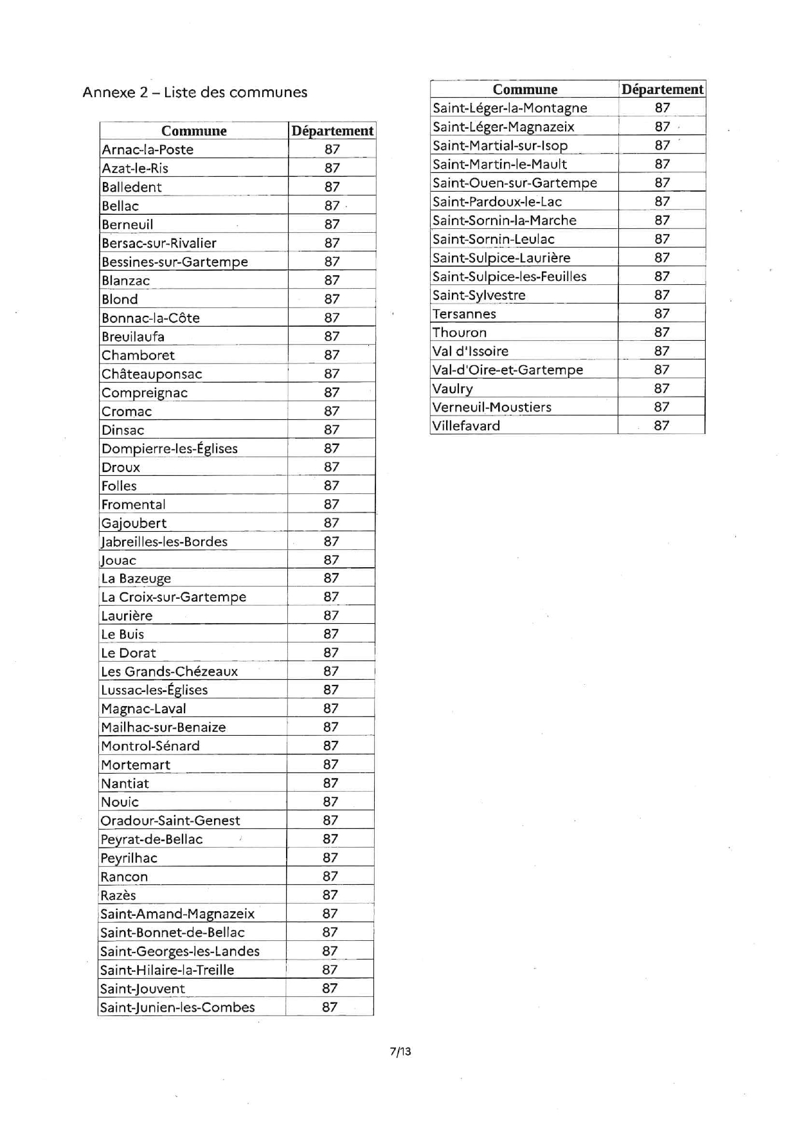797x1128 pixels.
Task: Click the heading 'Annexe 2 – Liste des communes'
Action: pyautogui.click(x=195, y=92)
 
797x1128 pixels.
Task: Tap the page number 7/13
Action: pyautogui.click(x=400, y=1051)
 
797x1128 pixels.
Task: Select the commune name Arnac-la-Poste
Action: pyautogui.click(x=148, y=149)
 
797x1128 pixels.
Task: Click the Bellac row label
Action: pyautogui.click(x=120, y=206)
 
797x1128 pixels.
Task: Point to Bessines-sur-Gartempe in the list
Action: pyautogui.click(x=175, y=262)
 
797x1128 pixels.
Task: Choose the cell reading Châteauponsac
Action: pyautogui.click(x=152, y=374)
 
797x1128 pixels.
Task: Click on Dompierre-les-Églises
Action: pyautogui.click(x=170, y=448)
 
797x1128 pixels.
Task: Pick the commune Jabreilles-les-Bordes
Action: pyautogui.click(x=165, y=541)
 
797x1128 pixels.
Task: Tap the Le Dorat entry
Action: pyautogui.click(x=129, y=653)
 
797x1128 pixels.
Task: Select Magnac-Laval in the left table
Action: pyautogui.click(x=143, y=709)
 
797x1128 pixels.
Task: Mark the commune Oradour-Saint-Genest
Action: pyautogui.click(x=170, y=821)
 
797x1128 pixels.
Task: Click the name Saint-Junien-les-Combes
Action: pyautogui.click(x=177, y=1007)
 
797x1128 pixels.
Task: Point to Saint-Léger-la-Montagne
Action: pyautogui.click(x=510, y=107)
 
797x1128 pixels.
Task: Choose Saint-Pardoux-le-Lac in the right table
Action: pyautogui.click(x=497, y=201)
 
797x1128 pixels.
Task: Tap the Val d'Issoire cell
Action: pyautogui.click(x=470, y=351)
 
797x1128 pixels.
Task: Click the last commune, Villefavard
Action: pyautogui.click(x=466, y=426)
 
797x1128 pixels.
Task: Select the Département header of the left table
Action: pyautogui.click(x=332, y=131)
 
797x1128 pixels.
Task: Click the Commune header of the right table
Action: pyautogui.click(x=525, y=89)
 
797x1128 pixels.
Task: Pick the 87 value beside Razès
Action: pyautogui.click(x=330, y=895)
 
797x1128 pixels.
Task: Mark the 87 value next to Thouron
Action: pyautogui.click(x=662, y=332)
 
